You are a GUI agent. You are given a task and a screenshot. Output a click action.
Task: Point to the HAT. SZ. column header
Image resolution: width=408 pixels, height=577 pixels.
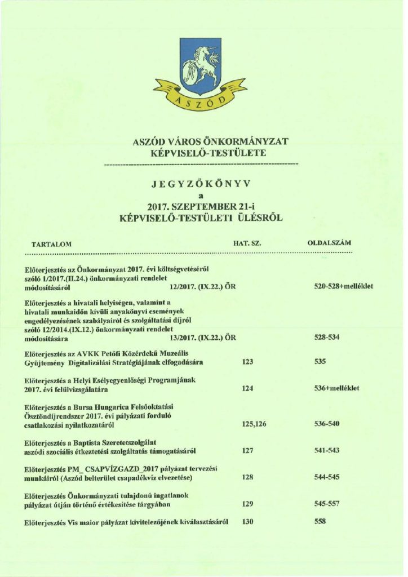248,243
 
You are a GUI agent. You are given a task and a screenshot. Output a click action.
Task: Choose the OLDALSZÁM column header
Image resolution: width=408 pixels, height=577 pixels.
329,243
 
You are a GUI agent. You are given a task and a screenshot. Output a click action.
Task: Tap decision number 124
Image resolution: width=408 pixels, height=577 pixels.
247,389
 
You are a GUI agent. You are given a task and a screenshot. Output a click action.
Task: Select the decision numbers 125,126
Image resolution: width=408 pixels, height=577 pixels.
254,424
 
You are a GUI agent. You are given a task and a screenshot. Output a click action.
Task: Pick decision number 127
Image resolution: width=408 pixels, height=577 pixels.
247,451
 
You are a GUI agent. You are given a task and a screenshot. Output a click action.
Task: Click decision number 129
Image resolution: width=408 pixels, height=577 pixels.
247,504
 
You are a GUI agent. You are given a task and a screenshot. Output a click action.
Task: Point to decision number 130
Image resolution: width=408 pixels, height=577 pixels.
247,522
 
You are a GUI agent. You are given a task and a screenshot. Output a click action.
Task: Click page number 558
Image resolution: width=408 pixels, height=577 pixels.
321,522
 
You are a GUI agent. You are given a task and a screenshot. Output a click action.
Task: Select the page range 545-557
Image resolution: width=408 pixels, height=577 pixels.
327,504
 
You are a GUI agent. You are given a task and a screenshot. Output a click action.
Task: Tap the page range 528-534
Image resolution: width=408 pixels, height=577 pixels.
327,337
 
